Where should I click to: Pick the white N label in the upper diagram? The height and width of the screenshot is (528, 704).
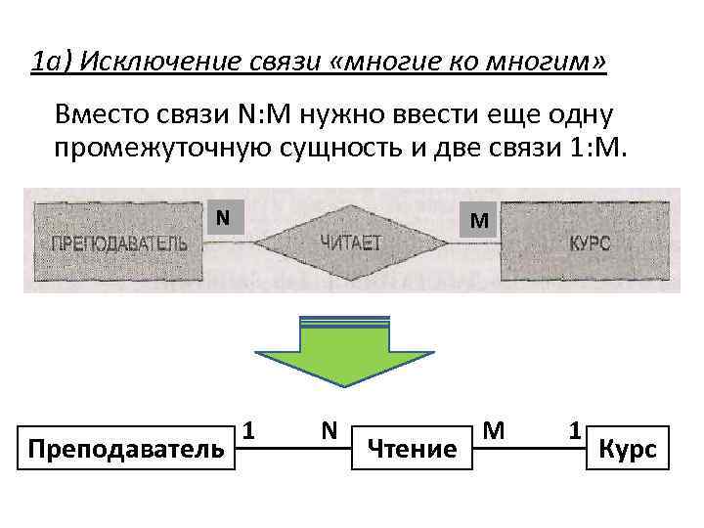223,216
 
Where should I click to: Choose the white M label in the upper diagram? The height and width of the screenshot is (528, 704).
478,220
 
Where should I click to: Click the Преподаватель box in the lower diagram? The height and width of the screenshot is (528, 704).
126,449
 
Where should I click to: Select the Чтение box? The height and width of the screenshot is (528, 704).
411,449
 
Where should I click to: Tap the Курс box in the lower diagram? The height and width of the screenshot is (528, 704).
627,449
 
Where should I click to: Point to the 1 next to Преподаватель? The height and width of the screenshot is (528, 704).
250,429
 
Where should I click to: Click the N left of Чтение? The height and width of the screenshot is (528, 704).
330,429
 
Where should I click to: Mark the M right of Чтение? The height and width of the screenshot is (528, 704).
495,429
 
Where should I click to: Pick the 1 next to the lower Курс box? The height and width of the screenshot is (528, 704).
577,429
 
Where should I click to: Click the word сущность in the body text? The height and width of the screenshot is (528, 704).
368,148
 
